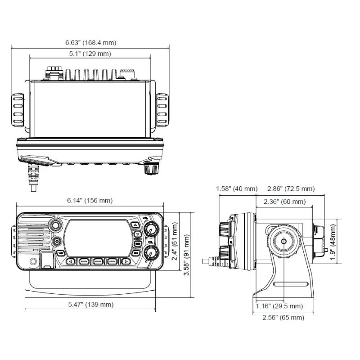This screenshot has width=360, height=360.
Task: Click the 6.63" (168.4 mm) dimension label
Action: [x=90, y=43]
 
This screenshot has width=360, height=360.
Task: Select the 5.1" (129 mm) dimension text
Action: [x=90, y=54]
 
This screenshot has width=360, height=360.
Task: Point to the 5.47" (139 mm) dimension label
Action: [x=90, y=305]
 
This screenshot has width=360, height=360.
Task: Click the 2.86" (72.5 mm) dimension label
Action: [x=291, y=189]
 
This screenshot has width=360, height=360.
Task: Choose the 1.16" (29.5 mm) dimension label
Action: [x=279, y=306]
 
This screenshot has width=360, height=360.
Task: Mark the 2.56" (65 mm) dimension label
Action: [x=283, y=318]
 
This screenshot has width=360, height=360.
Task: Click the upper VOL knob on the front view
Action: [x=150, y=231]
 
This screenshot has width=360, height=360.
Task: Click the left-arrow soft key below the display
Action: [x=71, y=261]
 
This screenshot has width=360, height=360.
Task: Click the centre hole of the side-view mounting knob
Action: [x=284, y=241]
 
